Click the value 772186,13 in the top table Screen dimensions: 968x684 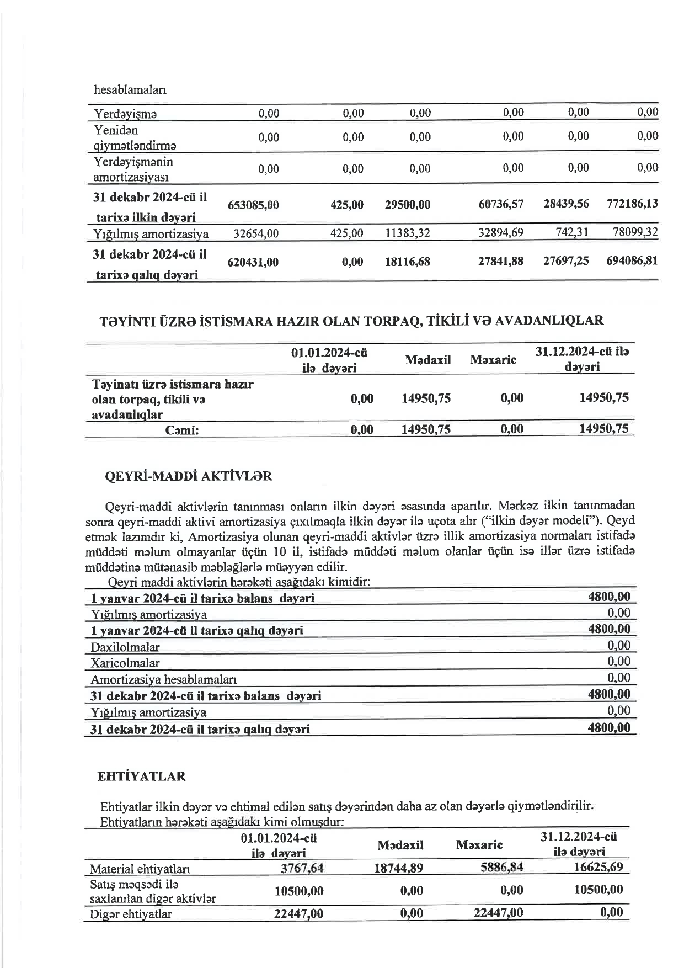632,204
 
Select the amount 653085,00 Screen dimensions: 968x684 253,205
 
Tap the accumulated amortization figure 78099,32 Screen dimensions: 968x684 635,233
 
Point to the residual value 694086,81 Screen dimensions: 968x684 632,260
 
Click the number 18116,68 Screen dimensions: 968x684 407,262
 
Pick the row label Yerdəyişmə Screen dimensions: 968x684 125,114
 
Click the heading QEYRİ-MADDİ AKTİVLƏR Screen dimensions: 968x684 188,476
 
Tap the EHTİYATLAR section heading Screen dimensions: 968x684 141,776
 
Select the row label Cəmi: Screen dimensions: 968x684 182,430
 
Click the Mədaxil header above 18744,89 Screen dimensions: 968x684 400,845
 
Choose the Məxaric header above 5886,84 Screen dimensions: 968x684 479,845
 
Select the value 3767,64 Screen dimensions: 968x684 302,868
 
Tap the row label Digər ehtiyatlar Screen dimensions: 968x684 131,914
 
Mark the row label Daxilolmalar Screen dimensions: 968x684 125,647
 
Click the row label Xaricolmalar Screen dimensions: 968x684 125,663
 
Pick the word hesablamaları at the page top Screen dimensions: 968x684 130,90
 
